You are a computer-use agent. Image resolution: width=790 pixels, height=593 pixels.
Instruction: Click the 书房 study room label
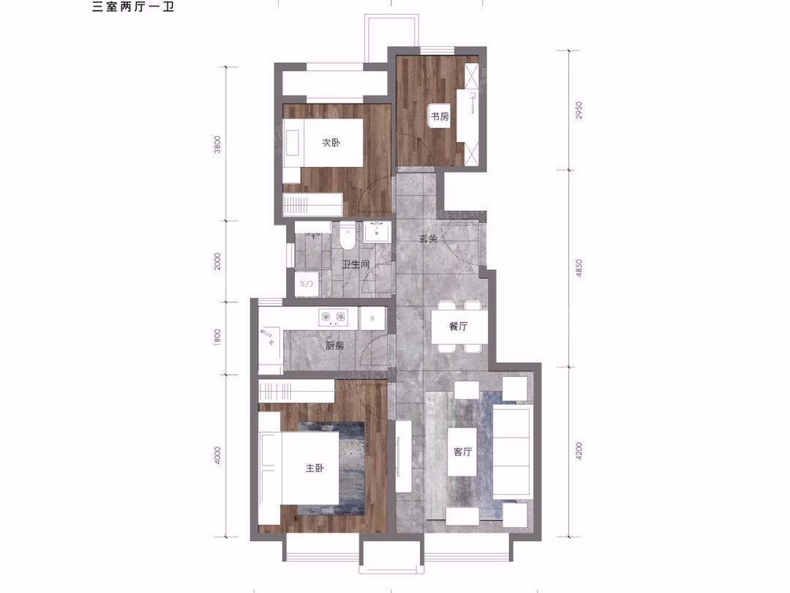(440, 116)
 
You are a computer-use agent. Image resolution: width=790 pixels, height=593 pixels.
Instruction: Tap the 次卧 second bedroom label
(331, 143)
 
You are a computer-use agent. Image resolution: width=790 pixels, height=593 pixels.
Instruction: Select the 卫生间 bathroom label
(355, 264)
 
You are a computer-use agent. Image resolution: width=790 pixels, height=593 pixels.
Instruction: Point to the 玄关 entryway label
(428, 239)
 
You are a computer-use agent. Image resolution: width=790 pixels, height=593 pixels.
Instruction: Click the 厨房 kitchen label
(334, 346)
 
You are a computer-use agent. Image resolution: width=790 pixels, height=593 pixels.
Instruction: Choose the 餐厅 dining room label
(459, 327)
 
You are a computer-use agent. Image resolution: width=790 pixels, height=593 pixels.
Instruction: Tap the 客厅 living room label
(462, 452)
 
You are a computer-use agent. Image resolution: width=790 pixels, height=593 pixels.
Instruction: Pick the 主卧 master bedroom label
(315, 469)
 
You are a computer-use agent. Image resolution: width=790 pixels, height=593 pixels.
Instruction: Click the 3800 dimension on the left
(217, 145)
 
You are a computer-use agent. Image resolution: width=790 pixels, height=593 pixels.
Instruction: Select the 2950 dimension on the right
(579, 110)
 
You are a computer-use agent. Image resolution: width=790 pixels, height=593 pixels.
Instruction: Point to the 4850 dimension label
(579, 268)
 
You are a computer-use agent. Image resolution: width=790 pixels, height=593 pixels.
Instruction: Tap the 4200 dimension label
(579, 451)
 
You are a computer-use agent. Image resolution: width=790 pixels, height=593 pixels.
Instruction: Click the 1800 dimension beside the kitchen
(217, 337)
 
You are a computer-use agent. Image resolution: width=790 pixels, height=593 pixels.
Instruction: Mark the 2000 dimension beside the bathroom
(217, 261)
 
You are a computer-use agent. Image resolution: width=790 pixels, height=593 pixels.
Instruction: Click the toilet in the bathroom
(347, 236)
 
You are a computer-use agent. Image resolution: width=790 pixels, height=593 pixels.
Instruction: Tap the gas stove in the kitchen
(333, 317)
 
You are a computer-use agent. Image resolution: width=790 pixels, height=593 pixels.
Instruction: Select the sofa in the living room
(512, 452)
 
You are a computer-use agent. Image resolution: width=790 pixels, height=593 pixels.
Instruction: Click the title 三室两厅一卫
(133, 7)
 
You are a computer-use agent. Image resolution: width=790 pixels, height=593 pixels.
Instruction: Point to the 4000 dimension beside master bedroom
(217, 456)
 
